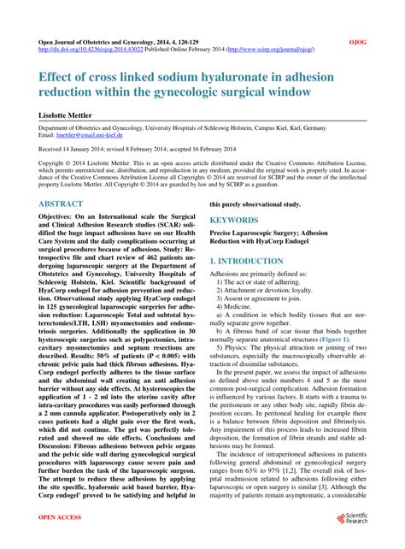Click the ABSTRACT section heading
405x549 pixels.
pyautogui.click(x=62, y=204)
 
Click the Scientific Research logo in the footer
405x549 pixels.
pyautogui.click(x=354, y=519)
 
